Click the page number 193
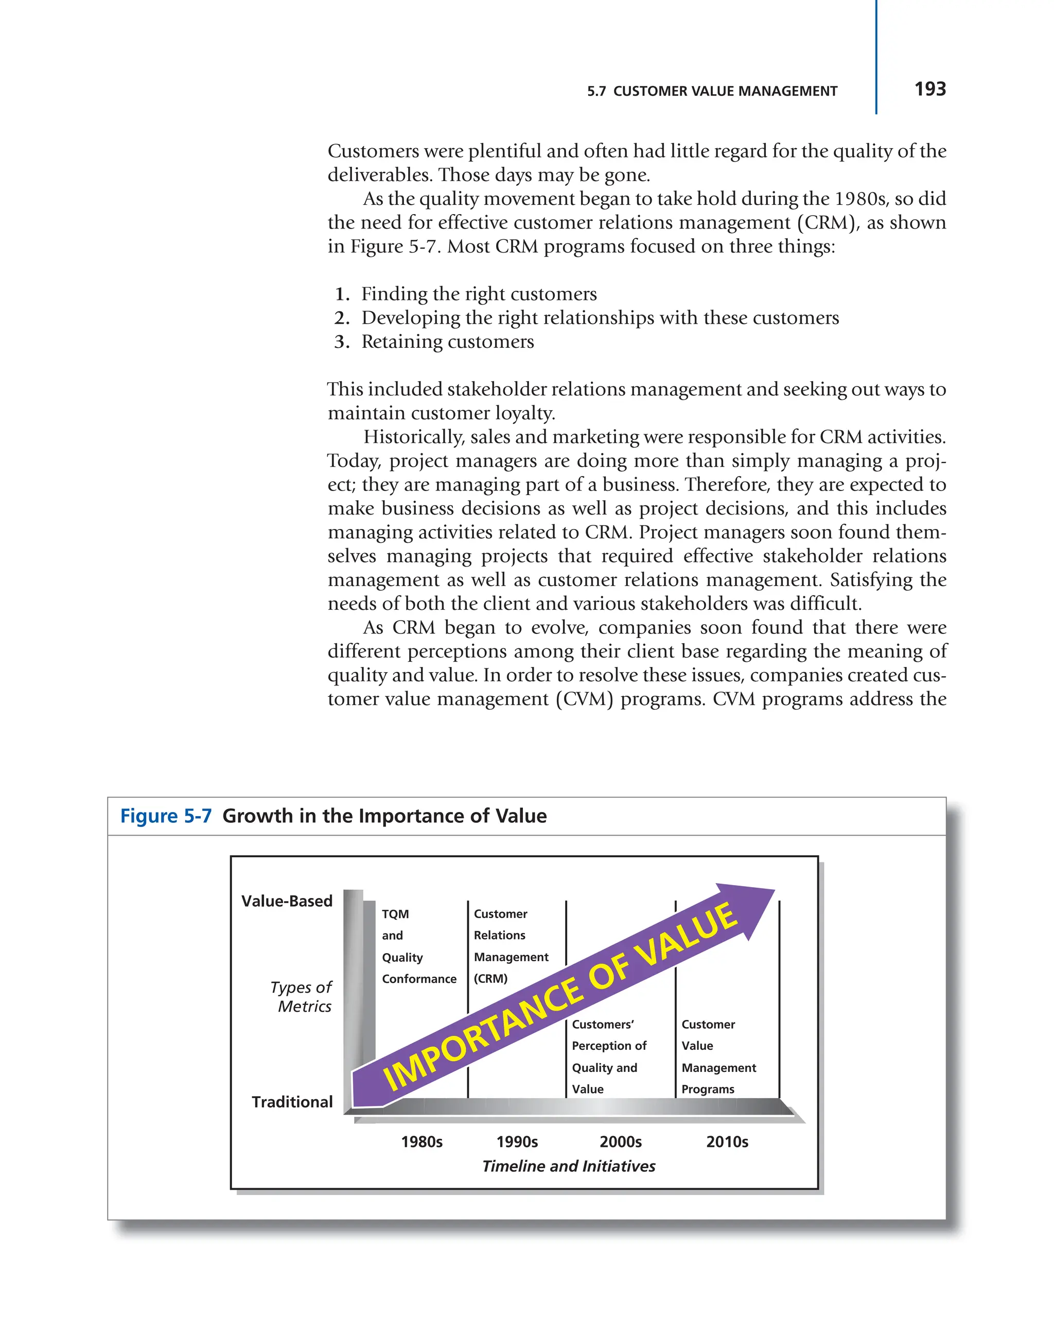[929, 90]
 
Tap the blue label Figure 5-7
[166, 816]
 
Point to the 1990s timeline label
[516, 1142]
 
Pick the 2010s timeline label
[727, 1142]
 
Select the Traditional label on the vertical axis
[292, 1102]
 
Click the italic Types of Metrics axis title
[302, 997]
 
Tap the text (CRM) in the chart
[490, 979]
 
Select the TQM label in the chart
[395, 913]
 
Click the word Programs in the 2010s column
[708, 1089]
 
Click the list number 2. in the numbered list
[342, 318]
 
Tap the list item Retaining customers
[447, 342]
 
